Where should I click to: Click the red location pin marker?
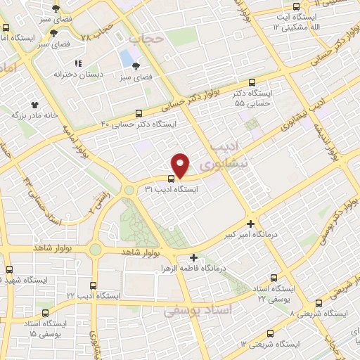181,165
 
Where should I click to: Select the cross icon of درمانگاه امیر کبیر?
250,224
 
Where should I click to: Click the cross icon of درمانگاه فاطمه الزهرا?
193,257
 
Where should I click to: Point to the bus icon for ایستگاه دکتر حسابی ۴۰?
139,112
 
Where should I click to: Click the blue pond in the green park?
126,58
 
